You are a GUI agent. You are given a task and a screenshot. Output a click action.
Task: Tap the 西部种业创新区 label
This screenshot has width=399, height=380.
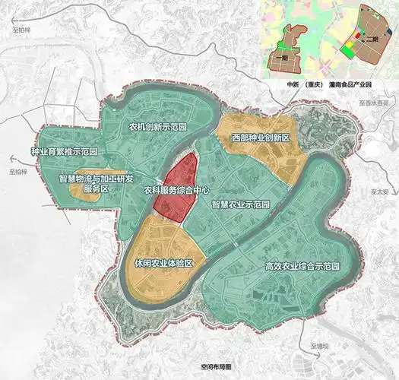[x=261, y=138]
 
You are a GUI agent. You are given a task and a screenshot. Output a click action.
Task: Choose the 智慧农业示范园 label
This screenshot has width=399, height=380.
[x=242, y=204]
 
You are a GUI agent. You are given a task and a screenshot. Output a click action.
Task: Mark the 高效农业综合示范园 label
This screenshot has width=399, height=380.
[x=302, y=266]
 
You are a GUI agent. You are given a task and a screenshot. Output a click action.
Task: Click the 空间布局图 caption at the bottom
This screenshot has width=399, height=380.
[x=208, y=366]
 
